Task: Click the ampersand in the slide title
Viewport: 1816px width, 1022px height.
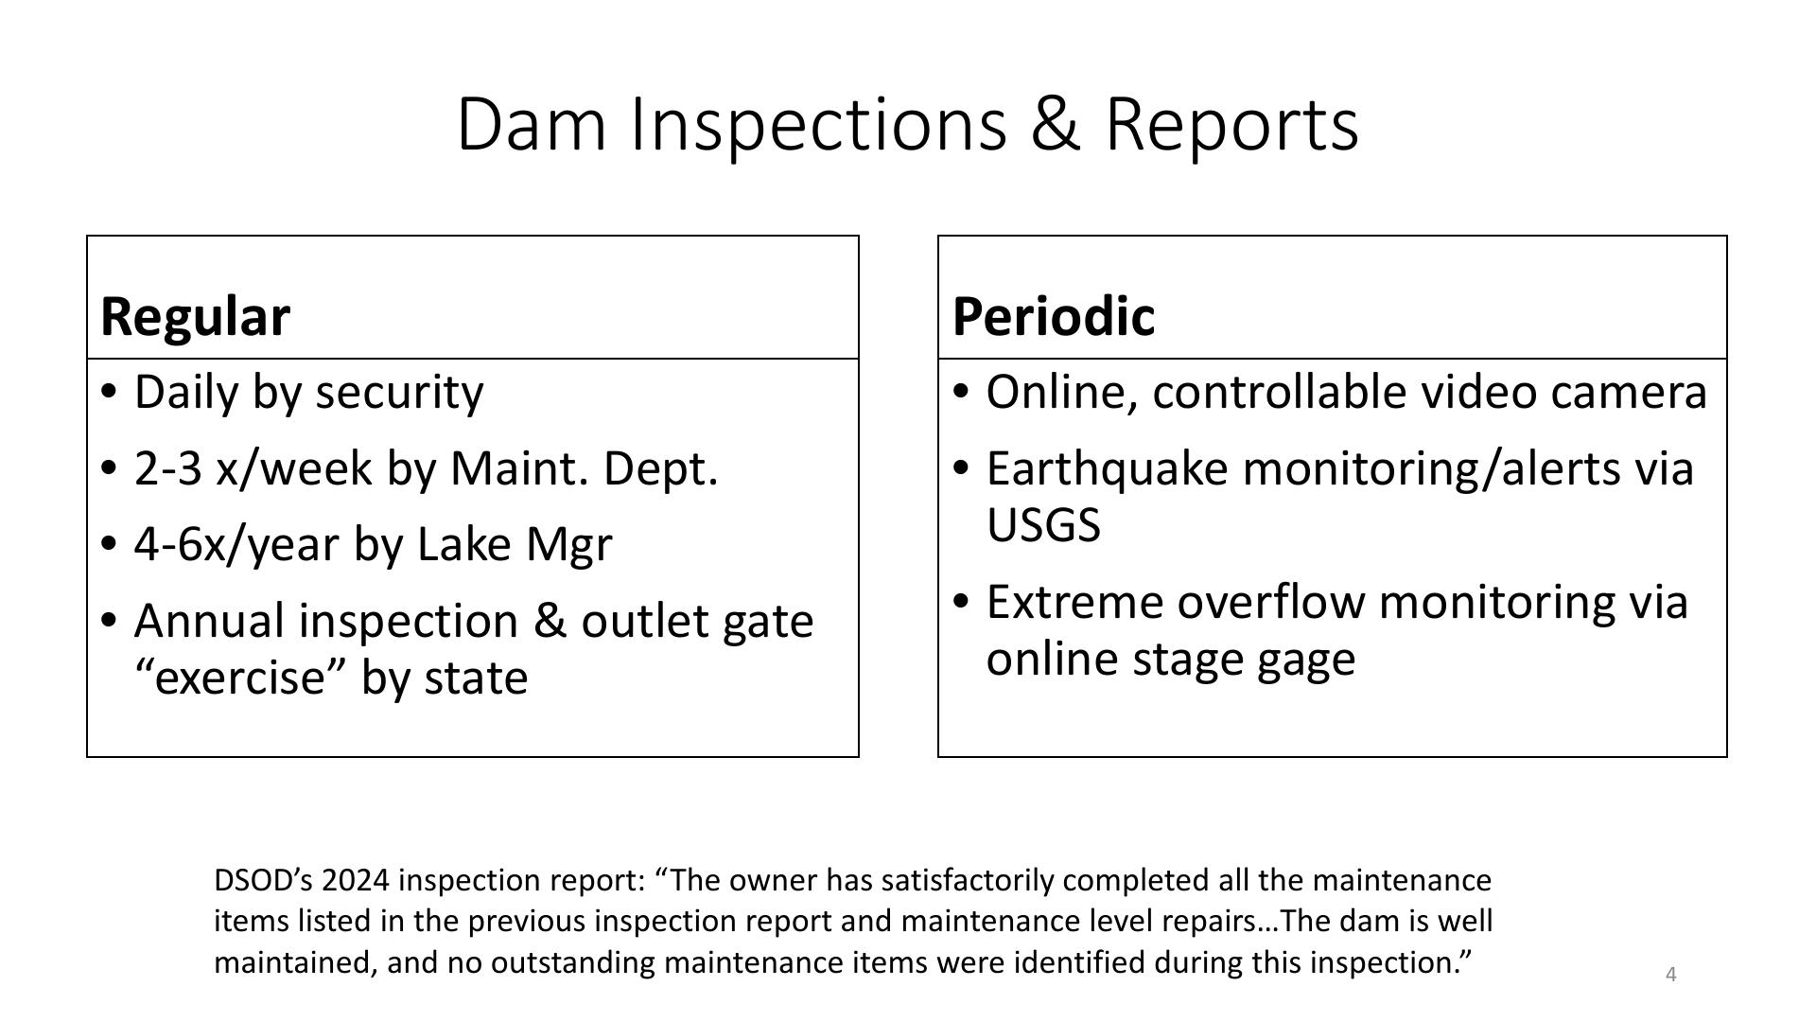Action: pos(1055,124)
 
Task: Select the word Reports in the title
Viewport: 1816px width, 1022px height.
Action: pos(1232,125)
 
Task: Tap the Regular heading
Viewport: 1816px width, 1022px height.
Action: pos(195,316)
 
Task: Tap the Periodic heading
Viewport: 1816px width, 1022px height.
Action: pos(1054,315)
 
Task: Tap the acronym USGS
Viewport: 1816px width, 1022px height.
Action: pos(1043,525)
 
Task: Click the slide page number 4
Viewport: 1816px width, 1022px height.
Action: pos(1671,975)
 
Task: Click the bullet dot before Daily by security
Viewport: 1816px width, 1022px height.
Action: pos(110,392)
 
